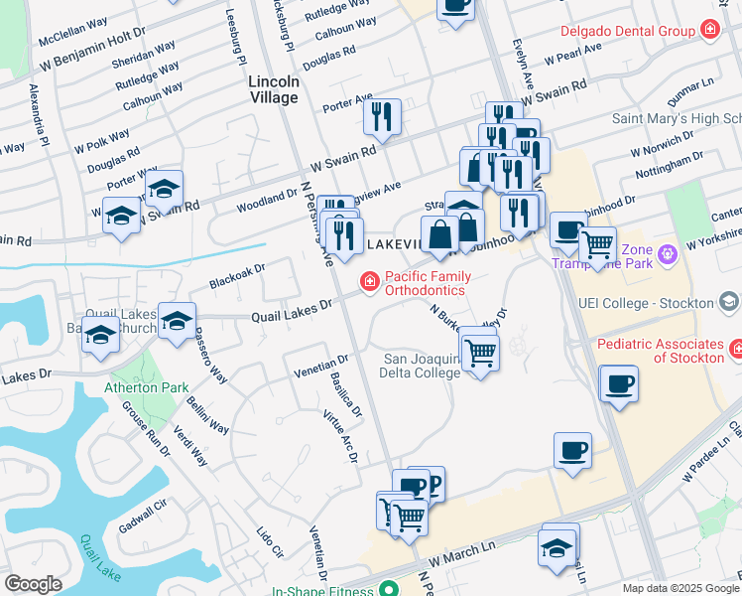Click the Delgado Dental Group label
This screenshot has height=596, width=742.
(x=627, y=32)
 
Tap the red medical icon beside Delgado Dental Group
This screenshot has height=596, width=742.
(x=709, y=31)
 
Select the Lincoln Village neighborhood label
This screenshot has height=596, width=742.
(x=274, y=89)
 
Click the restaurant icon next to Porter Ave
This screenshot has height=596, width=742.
(x=381, y=117)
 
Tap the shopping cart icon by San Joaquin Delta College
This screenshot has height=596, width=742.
(x=480, y=351)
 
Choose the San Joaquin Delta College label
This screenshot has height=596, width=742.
(x=422, y=366)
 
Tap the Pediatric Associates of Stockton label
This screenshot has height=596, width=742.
(x=661, y=350)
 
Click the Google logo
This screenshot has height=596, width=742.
(x=33, y=584)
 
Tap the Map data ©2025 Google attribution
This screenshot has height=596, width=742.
(x=680, y=588)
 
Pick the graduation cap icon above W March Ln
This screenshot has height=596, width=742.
(x=557, y=547)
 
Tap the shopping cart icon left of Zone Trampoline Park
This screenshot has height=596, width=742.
(x=597, y=243)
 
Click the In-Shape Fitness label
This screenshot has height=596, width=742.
(x=323, y=589)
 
